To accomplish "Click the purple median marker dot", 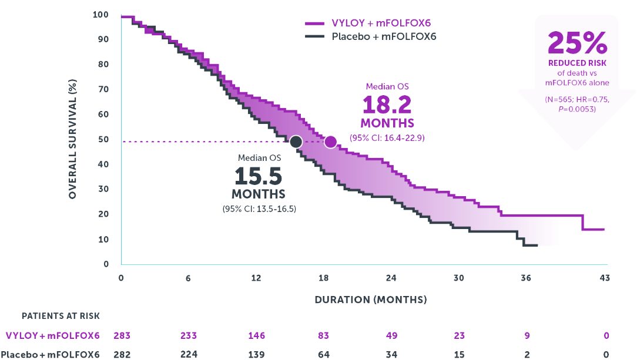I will click(330, 142).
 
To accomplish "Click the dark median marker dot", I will click(296, 142).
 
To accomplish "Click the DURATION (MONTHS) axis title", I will click(371, 300).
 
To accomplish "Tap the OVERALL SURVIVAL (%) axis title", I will click(73, 139).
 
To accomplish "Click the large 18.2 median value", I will click(387, 105).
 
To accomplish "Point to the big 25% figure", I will click(577, 43).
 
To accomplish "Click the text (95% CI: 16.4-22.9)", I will click(387, 138).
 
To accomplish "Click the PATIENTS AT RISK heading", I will click(61, 316).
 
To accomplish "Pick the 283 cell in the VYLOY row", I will click(122, 336).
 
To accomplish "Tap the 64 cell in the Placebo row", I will click(324, 354).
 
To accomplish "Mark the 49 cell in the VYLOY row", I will click(391, 336).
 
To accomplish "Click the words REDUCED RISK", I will click(577, 63).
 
